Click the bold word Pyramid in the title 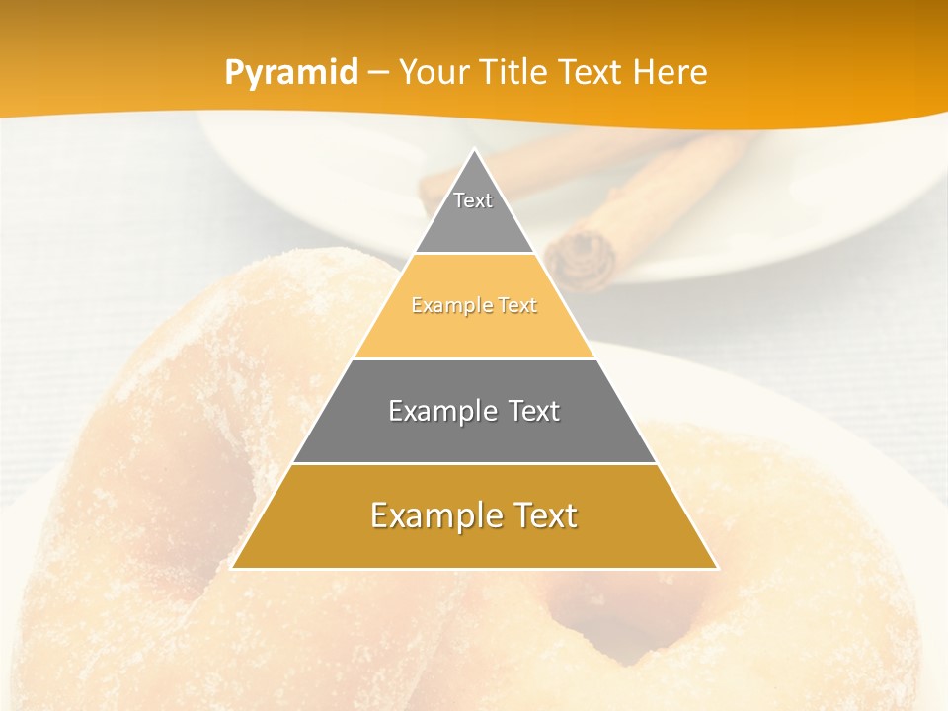(x=291, y=72)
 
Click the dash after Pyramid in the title (x=377, y=73)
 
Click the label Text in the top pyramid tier (x=473, y=200)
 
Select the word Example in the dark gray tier (x=437, y=411)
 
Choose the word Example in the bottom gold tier (x=431, y=515)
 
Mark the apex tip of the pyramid (x=474, y=150)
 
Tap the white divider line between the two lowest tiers (x=474, y=463)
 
